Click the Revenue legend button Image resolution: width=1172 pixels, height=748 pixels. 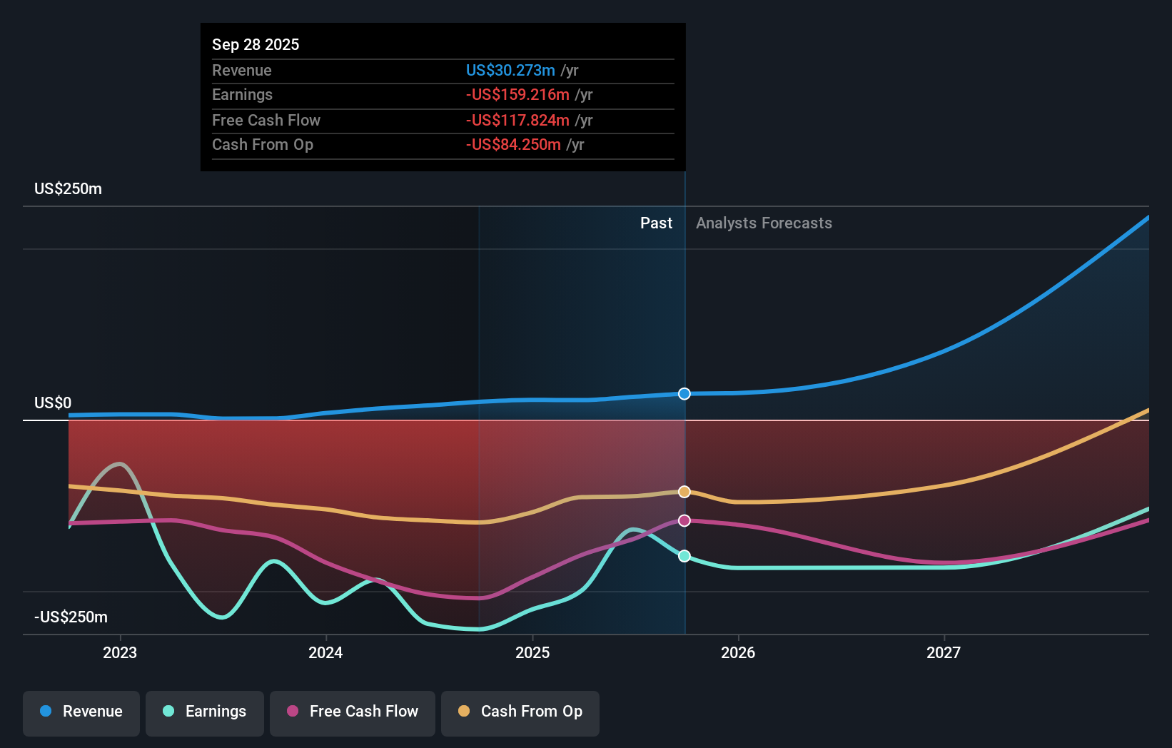click(x=81, y=712)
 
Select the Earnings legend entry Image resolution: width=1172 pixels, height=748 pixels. click(x=205, y=712)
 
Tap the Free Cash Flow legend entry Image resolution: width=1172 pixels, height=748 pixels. click(x=353, y=712)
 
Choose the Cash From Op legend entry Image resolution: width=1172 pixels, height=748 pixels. click(x=520, y=712)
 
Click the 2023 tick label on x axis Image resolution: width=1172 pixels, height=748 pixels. click(x=120, y=652)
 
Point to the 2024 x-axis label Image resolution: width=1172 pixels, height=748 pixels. click(x=325, y=652)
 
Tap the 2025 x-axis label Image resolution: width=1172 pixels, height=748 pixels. click(x=532, y=652)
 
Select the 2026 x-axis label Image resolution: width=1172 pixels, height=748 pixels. click(x=738, y=652)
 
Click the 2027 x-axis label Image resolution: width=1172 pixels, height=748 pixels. click(x=944, y=652)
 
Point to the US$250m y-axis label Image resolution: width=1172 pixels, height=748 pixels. click(x=68, y=189)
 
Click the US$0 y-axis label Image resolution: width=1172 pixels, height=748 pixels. click(x=53, y=403)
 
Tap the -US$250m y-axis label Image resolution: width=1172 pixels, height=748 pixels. click(x=71, y=617)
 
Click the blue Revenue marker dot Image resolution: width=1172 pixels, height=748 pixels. click(x=684, y=394)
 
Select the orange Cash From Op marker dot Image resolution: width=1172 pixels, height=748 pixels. click(x=684, y=492)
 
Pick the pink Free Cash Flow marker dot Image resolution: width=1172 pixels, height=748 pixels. click(x=684, y=521)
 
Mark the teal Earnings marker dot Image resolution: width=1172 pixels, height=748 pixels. click(x=684, y=556)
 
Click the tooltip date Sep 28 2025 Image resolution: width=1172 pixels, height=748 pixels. click(x=256, y=45)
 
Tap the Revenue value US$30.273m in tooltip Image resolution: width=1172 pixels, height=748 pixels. click(x=510, y=71)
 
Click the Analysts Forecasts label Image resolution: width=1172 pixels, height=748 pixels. click(x=764, y=223)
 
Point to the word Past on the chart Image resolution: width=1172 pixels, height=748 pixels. click(x=656, y=223)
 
